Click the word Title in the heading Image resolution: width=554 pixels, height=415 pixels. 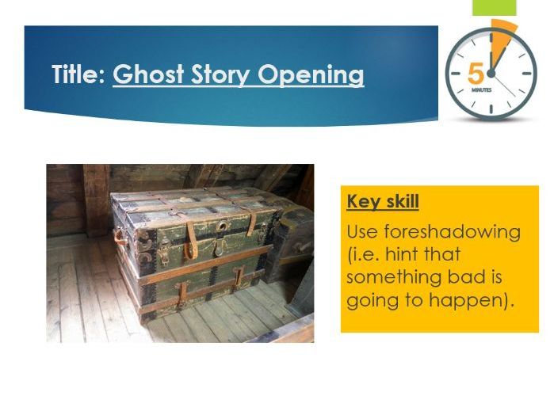(78, 75)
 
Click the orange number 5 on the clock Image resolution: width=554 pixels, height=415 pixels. (476, 74)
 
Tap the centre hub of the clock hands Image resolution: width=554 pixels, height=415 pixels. (491, 73)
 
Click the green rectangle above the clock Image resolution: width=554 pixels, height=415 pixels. (495, 7)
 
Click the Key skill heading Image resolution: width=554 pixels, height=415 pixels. (383, 201)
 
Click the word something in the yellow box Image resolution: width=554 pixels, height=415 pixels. (392, 278)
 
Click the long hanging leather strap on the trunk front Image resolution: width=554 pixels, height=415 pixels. (190, 241)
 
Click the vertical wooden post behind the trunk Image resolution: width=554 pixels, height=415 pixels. (97, 198)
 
